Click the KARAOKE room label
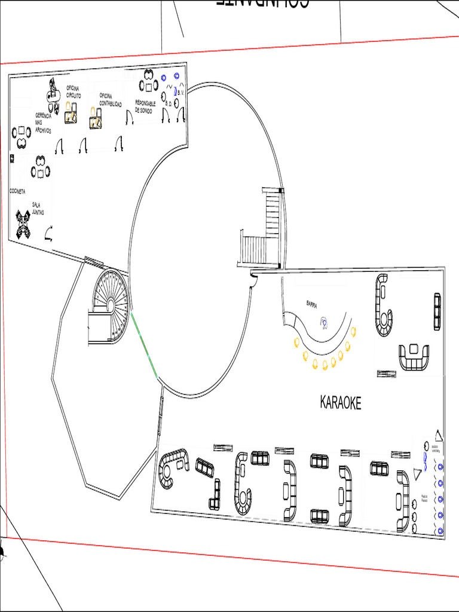(x=341, y=403)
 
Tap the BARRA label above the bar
(x=311, y=304)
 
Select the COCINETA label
(x=17, y=191)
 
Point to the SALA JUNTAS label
(x=38, y=208)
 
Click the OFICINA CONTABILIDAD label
(x=111, y=100)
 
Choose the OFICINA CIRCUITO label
(x=74, y=92)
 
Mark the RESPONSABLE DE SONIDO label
(x=145, y=106)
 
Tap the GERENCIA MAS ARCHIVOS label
(x=43, y=123)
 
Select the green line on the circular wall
(x=145, y=345)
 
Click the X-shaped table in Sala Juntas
(x=23, y=224)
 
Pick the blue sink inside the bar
(x=324, y=323)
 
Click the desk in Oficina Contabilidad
(x=96, y=123)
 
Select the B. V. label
(x=181, y=93)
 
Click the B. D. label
(x=169, y=104)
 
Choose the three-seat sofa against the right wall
(x=437, y=311)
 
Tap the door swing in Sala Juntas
(x=49, y=232)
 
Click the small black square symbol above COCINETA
(x=12, y=158)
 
